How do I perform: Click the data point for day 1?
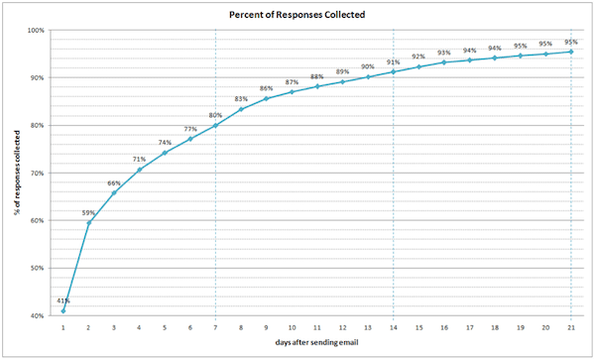[x=63, y=310]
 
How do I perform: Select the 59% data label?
[x=89, y=211]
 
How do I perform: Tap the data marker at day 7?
[x=215, y=126]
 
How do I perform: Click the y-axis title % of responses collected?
[x=15, y=174]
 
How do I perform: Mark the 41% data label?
[x=63, y=300]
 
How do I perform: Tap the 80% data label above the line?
[x=215, y=115]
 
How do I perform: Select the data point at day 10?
[x=292, y=92]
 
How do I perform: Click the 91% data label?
[x=393, y=61]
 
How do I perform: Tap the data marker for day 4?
[x=140, y=169]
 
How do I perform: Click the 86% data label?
[x=266, y=88]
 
